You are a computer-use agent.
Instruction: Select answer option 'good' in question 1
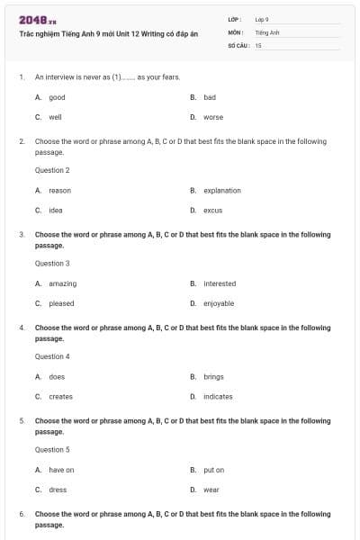tap(57, 97)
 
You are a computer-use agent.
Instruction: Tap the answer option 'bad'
tap(210, 97)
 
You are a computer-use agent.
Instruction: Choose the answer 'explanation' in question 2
tap(221, 190)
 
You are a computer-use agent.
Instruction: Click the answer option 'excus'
tap(212, 210)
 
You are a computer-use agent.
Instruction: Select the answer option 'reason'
tap(59, 190)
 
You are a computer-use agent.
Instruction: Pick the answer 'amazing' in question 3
tap(62, 283)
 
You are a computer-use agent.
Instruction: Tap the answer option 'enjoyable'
tap(219, 303)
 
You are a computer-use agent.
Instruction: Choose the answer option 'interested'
tap(220, 283)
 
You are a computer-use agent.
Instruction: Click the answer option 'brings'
tap(213, 377)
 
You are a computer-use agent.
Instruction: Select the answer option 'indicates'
tap(218, 397)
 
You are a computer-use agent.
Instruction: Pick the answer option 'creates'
tap(60, 397)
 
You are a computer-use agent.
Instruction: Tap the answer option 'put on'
tap(213, 470)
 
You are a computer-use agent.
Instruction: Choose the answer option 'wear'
tap(211, 490)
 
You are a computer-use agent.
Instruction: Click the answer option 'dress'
tap(58, 490)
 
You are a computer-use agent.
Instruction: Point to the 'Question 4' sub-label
tap(52, 356)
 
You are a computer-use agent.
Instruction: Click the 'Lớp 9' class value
tap(262, 19)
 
